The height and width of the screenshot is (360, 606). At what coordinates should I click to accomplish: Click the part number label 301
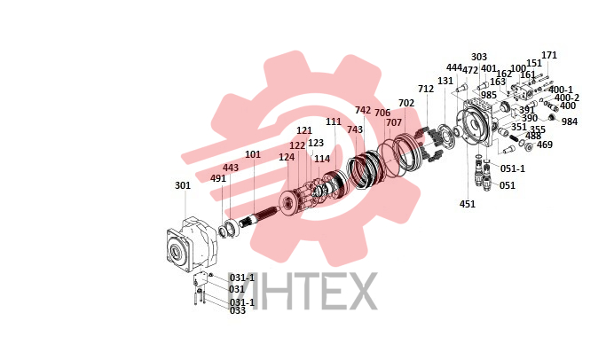coord(183,185)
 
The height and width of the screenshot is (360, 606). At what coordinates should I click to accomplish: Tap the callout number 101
coord(253,154)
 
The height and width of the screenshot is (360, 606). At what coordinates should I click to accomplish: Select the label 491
coord(218,178)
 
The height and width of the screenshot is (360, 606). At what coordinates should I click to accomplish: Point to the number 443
coord(231,168)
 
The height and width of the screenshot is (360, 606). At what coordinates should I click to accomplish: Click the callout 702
coord(406,103)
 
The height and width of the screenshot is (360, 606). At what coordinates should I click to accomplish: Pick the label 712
coord(426,89)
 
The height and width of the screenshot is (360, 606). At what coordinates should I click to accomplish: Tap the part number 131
coord(445,81)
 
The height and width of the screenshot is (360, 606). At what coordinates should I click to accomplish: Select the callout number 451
coord(468,204)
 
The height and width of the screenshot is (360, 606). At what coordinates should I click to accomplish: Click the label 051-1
coord(513,168)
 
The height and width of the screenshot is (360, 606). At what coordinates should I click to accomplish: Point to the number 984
coord(570,121)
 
